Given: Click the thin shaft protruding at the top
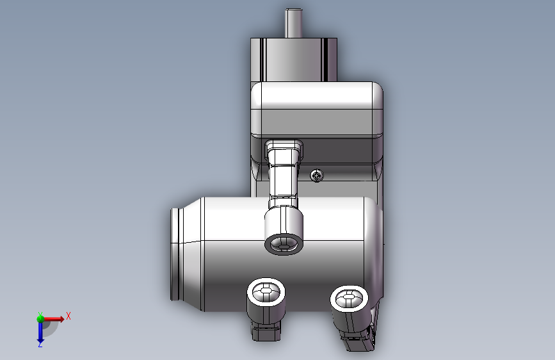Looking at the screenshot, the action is (x=293, y=23).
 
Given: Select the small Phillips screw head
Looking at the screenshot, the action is (x=317, y=176).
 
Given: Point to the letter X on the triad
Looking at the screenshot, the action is (x=68, y=316).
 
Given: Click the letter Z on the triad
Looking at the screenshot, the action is (x=40, y=344).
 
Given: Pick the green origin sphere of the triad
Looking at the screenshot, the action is (x=40, y=318).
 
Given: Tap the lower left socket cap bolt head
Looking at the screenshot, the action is (x=266, y=292).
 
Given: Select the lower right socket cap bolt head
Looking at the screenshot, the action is (x=350, y=299).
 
